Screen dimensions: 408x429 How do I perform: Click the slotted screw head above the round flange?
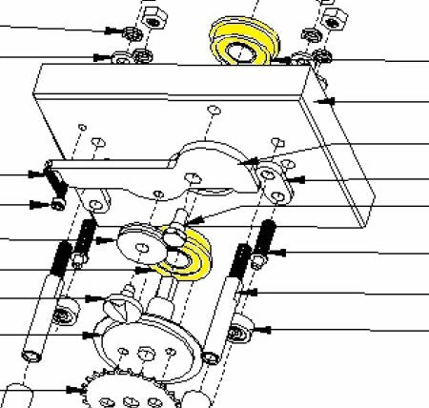pyautogui.click(x=121, y=308)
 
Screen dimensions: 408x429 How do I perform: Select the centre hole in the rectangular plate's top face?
pyautogui.click(x=212, y=112)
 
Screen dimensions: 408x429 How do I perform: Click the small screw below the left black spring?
pyautogui.click(x=59, y=204)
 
